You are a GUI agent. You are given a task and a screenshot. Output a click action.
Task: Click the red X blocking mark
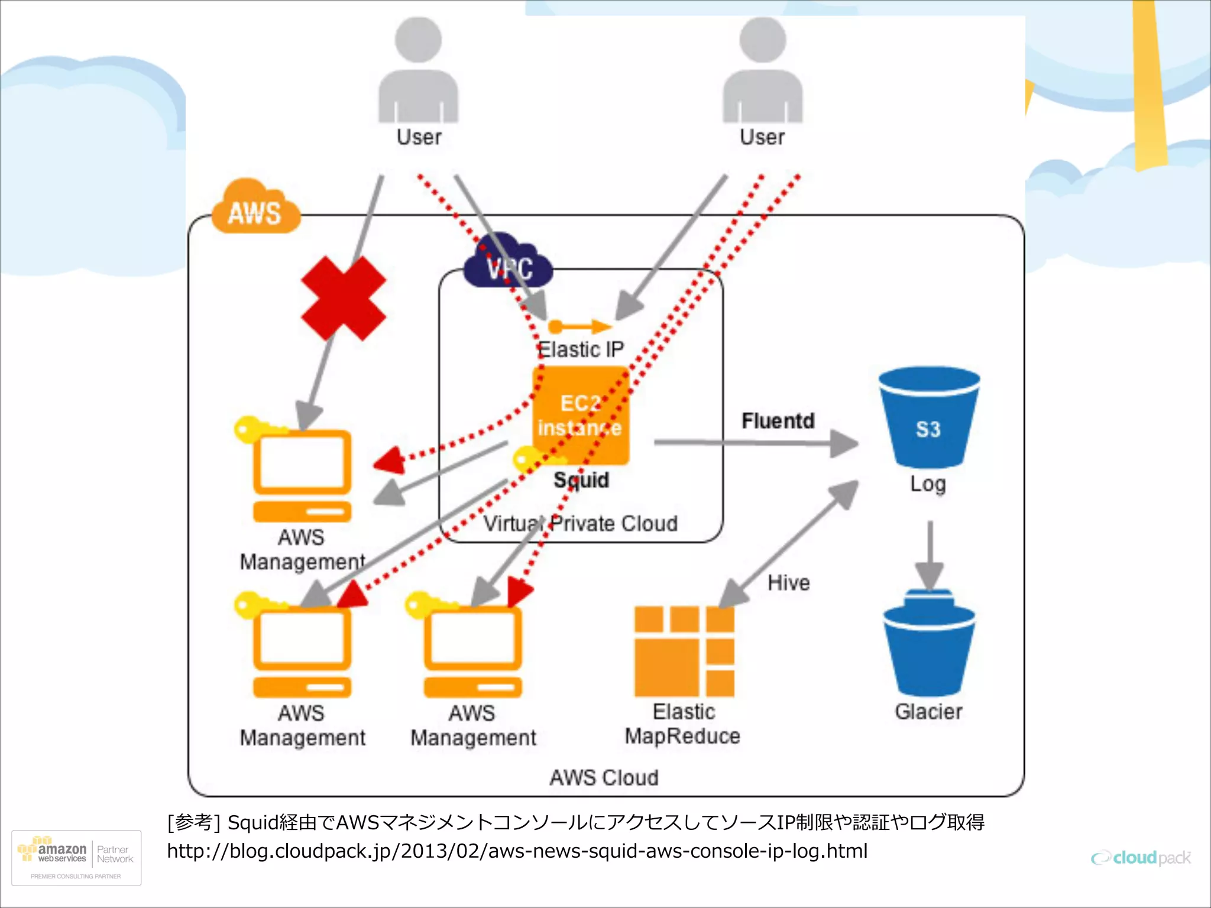[x=344, y=299]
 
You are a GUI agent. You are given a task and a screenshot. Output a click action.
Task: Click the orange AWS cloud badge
[x=255, y=209]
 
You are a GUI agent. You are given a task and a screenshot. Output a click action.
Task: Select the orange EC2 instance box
[x=580, y=415]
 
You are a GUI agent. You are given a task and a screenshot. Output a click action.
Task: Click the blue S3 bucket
[x=928, y=417]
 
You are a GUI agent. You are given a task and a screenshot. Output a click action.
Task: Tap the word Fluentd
[x=778, y=421]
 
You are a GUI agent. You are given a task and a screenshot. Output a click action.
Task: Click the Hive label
[x=788, y=583]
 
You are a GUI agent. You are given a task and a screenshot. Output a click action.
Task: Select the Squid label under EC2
[x=581, y=480]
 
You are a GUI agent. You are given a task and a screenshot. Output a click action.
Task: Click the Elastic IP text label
[x=581, y=349]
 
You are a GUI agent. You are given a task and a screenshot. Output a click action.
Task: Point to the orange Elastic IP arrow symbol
[x=579, y=326]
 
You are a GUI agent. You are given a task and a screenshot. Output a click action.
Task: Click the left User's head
[x=418, y=40]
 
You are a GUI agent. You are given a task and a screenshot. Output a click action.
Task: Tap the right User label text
[x=762, y=137]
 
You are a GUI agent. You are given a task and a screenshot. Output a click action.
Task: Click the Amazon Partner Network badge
[x=76, y=858]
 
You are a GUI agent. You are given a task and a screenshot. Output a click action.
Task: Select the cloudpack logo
[x=1141, y=858]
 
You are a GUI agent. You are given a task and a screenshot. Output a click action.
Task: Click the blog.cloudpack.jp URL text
[x=517, y=851]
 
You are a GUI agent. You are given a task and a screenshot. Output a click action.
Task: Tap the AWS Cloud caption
[x=604, y=777]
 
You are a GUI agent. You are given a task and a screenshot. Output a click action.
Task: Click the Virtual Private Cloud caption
[x=580, y=524]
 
